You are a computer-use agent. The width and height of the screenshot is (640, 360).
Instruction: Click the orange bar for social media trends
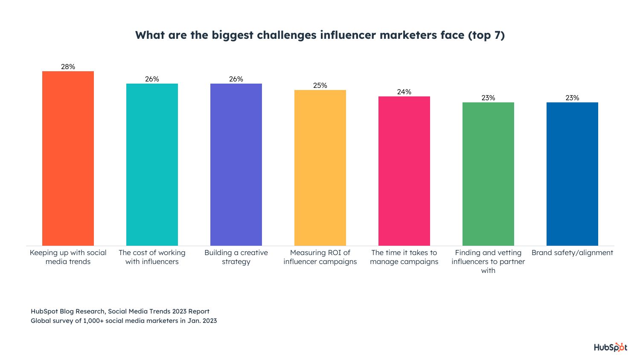pyautogui.click(x=68, y=158)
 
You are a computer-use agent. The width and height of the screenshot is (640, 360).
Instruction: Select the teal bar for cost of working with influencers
pyautogui.click(x=152, y=164)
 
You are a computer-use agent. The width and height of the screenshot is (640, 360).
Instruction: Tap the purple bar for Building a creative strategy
pyautogui.click(x=236, y=164)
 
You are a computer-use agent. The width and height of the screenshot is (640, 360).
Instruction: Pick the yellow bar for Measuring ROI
pyautogui.click(x=320, y=168)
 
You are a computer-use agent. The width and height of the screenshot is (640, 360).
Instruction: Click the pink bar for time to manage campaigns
pyautogui.click(x=404, y=171)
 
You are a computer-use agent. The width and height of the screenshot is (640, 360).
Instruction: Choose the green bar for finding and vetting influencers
pyautogui.click(x=488, y=174)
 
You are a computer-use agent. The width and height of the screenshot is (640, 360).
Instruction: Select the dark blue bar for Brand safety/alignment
pyautogui.click(x=572, y=174)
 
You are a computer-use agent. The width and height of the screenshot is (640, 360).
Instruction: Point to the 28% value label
pyautogui.click(x=68, y=67)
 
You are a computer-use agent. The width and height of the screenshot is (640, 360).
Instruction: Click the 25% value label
pyautogui.click(x=320, y=85)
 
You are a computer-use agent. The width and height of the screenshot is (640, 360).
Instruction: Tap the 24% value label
pyautogui.click(x=404, y=92)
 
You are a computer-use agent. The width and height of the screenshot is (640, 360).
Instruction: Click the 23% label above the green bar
pyautogui.click(x=488, y=98)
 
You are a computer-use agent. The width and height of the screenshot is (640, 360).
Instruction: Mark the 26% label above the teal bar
pyautogui.click(x=152, y=79)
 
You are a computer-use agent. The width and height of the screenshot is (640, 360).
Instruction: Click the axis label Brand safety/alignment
pyautogui.click(x=572, y=253)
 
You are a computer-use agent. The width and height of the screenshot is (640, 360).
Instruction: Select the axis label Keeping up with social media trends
pyautogui.click(x=68, y=257)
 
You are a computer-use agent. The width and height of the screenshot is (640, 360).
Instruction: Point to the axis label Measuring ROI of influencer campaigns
pyautogui.click(x=320, y=257)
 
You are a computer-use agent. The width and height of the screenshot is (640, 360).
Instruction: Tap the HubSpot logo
pyautogui.click(x=611, y=347)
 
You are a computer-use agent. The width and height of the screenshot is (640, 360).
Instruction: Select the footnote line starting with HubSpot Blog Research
pyautogui.click(x=120, y=311)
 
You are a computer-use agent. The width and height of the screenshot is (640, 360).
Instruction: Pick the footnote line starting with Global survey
pyautogui.click(x=124, y=321)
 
